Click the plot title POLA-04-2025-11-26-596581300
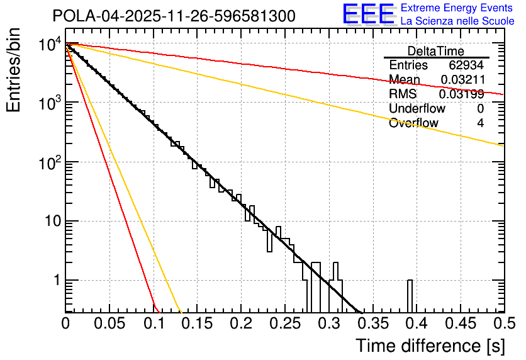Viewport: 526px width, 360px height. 174,16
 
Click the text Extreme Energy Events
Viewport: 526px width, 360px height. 457,9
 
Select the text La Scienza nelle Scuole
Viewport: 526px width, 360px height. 457,21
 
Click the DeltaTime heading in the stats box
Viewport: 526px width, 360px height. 435,51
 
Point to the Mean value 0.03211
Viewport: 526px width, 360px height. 462,80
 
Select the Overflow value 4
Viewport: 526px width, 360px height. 480,123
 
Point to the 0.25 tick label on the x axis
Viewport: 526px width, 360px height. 284,323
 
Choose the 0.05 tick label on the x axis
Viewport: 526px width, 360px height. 109,323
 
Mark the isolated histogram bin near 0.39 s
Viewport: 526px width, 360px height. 410,296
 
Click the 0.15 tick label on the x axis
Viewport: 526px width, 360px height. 197,323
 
